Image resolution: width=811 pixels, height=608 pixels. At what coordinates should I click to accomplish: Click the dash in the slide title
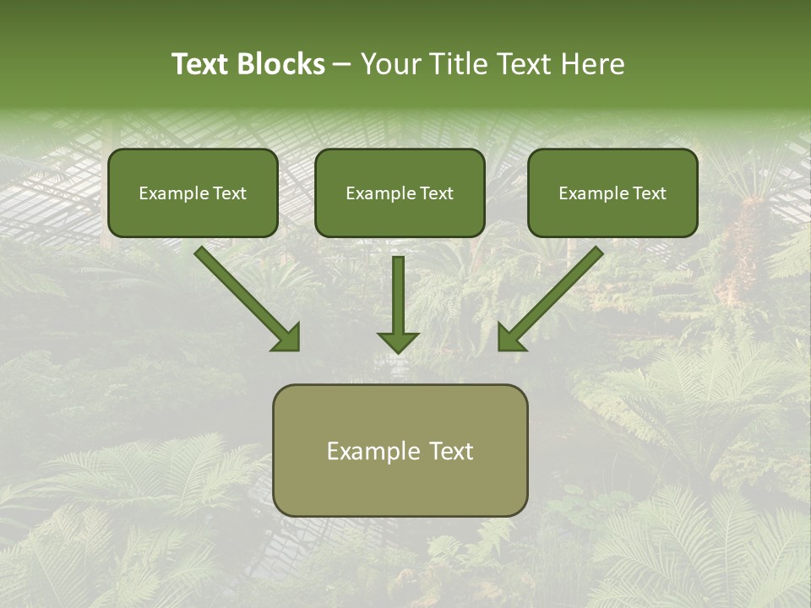tap(342, 65)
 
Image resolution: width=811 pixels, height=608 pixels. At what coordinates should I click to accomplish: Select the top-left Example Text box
tap(193, 193)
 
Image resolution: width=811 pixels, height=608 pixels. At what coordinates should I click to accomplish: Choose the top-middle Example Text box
tap(400, 193)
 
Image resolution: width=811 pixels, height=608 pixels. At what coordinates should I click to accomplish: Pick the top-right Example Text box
tap(612, 193)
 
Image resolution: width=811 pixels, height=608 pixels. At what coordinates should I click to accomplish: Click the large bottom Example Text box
tap(400, 450)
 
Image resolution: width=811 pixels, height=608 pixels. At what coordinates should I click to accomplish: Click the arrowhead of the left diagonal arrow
tap(287, 338)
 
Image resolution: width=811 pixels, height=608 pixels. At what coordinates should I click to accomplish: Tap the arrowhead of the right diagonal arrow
tap(511, 338)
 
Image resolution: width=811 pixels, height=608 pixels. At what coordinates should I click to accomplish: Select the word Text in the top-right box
tap(650, 193)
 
